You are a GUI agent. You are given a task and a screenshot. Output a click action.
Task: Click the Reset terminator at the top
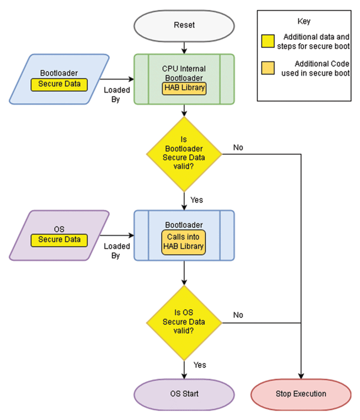(184, 25)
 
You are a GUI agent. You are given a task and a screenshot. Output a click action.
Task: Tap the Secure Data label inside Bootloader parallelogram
(59, 84)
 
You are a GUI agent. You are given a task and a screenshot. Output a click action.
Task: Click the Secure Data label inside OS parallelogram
(59, 240)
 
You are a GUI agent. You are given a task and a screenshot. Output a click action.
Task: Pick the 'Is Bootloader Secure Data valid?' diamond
(184, 153)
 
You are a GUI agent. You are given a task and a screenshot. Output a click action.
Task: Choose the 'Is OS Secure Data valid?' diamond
(184, 322)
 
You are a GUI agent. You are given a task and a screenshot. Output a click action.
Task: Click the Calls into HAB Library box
(184, 242)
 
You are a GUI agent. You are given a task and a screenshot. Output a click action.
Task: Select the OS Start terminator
(184, 394)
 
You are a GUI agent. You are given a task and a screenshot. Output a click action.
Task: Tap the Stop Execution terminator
(301, 394)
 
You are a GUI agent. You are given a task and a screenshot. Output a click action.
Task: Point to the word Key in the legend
(304, 22)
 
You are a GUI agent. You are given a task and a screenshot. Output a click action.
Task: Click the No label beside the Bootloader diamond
(238, 148)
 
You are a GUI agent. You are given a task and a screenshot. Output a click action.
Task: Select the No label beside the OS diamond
(238, 315)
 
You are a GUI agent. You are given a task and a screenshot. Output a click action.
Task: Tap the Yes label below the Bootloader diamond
(197, 200)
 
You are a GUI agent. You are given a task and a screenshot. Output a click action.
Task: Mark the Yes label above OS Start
(200, 365)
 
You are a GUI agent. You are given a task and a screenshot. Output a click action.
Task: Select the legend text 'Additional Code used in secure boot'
(316, 68)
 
